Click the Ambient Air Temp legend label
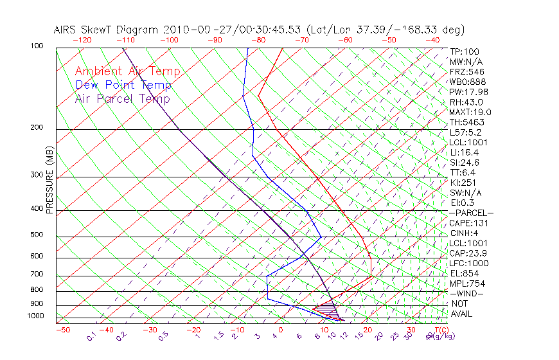tap(127, 72)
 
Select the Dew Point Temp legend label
tap(123, 85)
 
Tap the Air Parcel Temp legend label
tap(122, 99)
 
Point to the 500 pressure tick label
tap(37, 235)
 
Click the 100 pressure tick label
tap(37, 46)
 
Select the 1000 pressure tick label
tap(35, 316)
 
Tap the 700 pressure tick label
tap(37, 275)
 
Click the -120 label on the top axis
tap(82, 39)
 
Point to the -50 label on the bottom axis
tap(62, 330)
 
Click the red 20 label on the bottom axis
tap(368, 330)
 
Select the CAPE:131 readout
tap(468, 223)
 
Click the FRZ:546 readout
tap(467, 72)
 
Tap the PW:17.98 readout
tap(469, 92)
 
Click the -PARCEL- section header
tap(471, 213)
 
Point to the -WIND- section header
tap(466, 293)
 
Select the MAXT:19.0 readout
tap(470, 112)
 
